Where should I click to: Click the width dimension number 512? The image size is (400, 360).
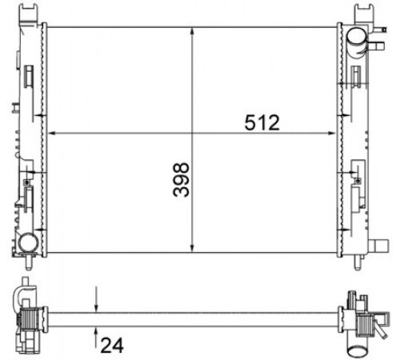(x=262, y=122)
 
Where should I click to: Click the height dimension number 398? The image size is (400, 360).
(x=181, y=180)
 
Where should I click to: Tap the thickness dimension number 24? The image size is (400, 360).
(x=112, y=346)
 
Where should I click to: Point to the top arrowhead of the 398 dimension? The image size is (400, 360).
(x=192, y=32)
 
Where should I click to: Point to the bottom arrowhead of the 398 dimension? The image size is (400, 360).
(x=192, y=248)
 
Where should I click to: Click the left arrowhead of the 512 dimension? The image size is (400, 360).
(x=52, y=133)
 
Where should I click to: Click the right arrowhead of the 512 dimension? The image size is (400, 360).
(x=331, y=133)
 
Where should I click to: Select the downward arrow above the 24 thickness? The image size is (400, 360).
(x=96, y=299)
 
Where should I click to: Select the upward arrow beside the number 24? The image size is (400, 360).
(x=96, y=338)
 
